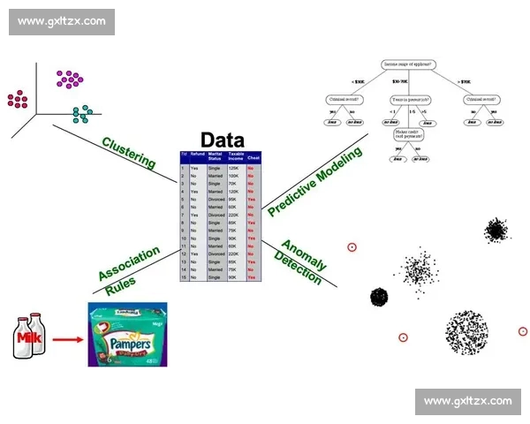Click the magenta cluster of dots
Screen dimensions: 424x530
coord(70,79)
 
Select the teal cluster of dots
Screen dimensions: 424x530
coord(82,113)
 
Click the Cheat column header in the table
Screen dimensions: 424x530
coord(253,157)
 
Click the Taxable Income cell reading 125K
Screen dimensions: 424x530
coord(234,167)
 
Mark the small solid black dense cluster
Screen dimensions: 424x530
coord(380,297)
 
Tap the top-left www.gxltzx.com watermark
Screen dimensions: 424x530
coord(62,21)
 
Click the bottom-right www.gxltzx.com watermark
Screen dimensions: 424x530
coord(467,401)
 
